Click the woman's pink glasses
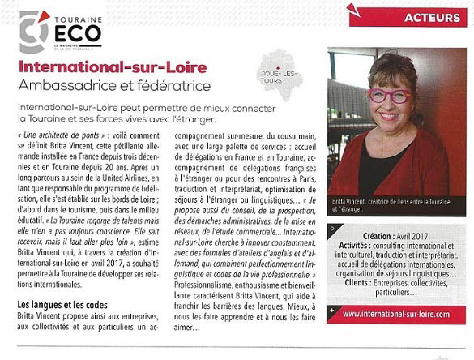pos(390,96)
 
